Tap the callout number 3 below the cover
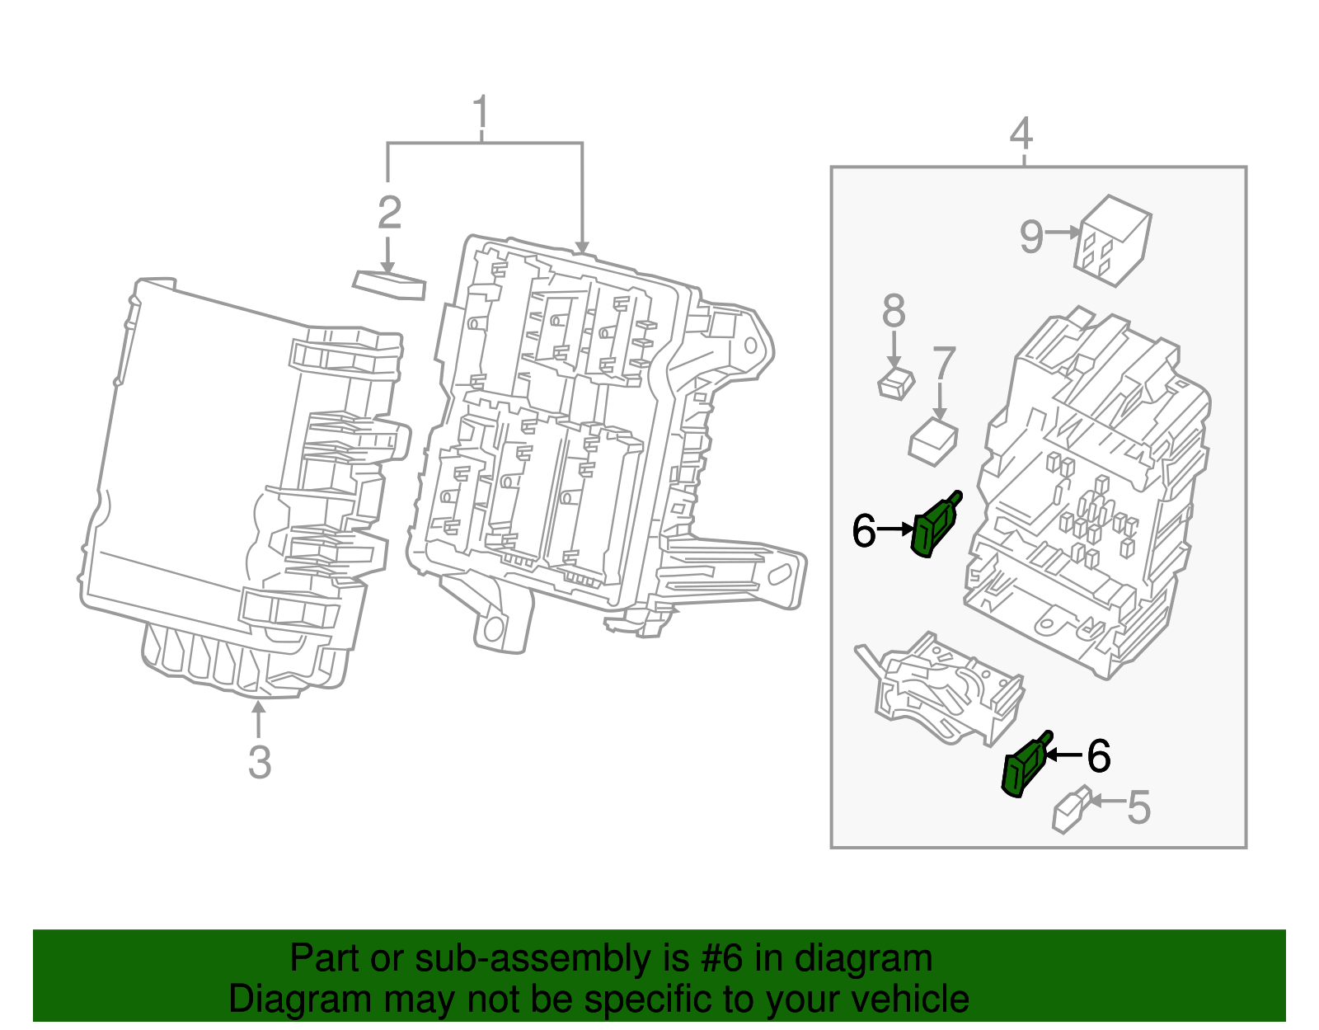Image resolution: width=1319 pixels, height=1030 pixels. click(x=260, y=762)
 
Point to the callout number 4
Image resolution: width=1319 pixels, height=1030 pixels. click(x=1021, y=134)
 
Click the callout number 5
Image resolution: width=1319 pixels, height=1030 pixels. click(x=1138, y=807)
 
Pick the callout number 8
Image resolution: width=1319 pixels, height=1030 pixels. click(x=894, y=312)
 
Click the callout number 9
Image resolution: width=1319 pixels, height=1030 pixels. click(x=1031, y=236)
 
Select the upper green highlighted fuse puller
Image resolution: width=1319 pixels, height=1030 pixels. click(x=935, y=527)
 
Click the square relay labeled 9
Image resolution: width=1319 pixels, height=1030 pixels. click(x=1113, y=240)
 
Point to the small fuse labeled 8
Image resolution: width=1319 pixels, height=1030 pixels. click(x=895, y=384)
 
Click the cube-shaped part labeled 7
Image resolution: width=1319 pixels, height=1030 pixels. click(x=933, y=443)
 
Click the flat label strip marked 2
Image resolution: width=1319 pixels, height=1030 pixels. click(x=390, y=285)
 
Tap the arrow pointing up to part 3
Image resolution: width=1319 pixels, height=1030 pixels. click(x=259, y=718)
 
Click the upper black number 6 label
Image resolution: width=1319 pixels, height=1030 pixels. click(x=863, y=530)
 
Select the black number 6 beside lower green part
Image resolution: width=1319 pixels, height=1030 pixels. click(x=1099, y=755)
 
